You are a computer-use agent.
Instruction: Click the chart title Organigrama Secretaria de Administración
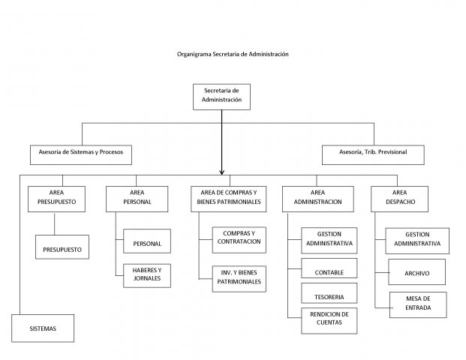(x=233, y=54)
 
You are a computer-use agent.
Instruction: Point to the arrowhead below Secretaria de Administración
(x=221, y=172)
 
